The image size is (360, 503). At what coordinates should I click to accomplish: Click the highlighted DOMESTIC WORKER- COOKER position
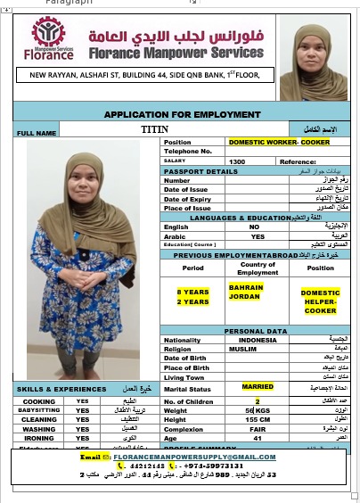(266, 142)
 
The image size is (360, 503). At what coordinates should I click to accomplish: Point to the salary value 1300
(237, 161)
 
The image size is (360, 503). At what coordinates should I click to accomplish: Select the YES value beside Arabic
(258, 236)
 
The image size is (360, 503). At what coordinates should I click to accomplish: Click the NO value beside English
(254, 227)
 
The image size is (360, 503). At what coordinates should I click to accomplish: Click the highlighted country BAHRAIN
(245, 287)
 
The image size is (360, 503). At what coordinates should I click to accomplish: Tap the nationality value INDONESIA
(258, 339)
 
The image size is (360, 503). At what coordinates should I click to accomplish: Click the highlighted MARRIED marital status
(258, 386)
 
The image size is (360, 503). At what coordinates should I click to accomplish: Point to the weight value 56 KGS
(258, 408)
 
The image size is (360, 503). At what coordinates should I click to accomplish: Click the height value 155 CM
(258, 419)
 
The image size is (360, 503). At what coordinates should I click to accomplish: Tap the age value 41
(258, 438)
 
